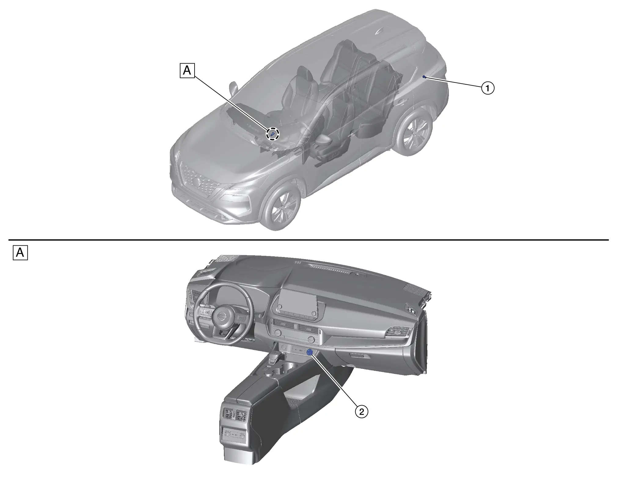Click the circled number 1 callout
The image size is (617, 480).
click(x=488, y=88)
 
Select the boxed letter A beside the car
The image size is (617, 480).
click(x=187, y=71)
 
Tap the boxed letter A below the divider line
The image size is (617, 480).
click(x=20, y=253)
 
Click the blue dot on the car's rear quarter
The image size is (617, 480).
click(x=424, y=76)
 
